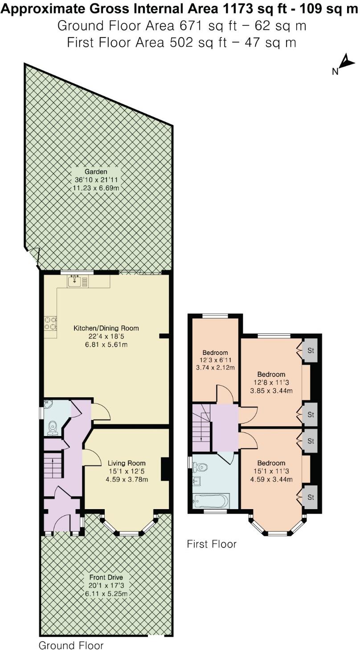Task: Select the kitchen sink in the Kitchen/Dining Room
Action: [78, 281]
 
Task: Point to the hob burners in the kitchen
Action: [50, 323]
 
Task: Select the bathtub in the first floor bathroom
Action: [210, 500]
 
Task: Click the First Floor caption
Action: [212, 544]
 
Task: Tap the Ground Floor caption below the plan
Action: [71, 645]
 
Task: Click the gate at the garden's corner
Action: [33, 258]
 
